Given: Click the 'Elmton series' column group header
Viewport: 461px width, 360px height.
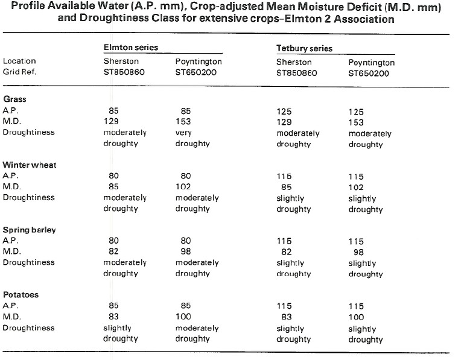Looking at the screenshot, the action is tap(131, 47).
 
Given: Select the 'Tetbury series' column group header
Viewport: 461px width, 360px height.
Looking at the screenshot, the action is tap(304, 48).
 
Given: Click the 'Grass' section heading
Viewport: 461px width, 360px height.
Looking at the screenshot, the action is tap(14, 99).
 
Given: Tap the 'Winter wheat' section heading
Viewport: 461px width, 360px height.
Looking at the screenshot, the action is tap(30, 165).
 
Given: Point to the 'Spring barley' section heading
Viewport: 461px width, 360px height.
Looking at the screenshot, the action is tap(30, 230).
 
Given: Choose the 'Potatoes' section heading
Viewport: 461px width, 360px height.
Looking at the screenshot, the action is tap(21, 294).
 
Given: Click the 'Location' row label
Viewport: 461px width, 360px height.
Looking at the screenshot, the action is tap(19, 61).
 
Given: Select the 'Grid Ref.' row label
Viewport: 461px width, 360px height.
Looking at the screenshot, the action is tap(19, 72).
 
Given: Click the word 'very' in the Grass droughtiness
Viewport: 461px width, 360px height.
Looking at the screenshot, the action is tap(183, 133).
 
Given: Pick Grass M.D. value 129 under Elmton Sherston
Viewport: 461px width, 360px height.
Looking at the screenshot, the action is tap(111, 121).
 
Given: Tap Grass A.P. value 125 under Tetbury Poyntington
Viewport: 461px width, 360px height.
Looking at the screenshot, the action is tap(356, 112).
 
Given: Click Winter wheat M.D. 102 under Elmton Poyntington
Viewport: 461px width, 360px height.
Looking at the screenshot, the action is tap(183, 186).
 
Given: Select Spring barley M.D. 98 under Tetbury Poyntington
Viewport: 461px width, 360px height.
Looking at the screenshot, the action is tap(358, 252).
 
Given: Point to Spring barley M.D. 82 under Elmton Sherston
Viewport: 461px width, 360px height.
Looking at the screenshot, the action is tap(113, 251).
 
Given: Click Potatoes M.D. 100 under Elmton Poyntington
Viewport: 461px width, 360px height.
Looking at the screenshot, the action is tap(183, 317).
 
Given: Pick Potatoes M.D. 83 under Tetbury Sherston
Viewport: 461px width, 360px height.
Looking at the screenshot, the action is tap(287, 317).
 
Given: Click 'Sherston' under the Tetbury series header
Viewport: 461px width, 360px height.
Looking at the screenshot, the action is tap(294, 62).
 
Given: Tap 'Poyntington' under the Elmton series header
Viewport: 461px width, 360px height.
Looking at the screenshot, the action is tap(199, 62).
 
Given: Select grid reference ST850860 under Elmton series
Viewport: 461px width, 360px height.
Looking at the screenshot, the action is tap(124, 72).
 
